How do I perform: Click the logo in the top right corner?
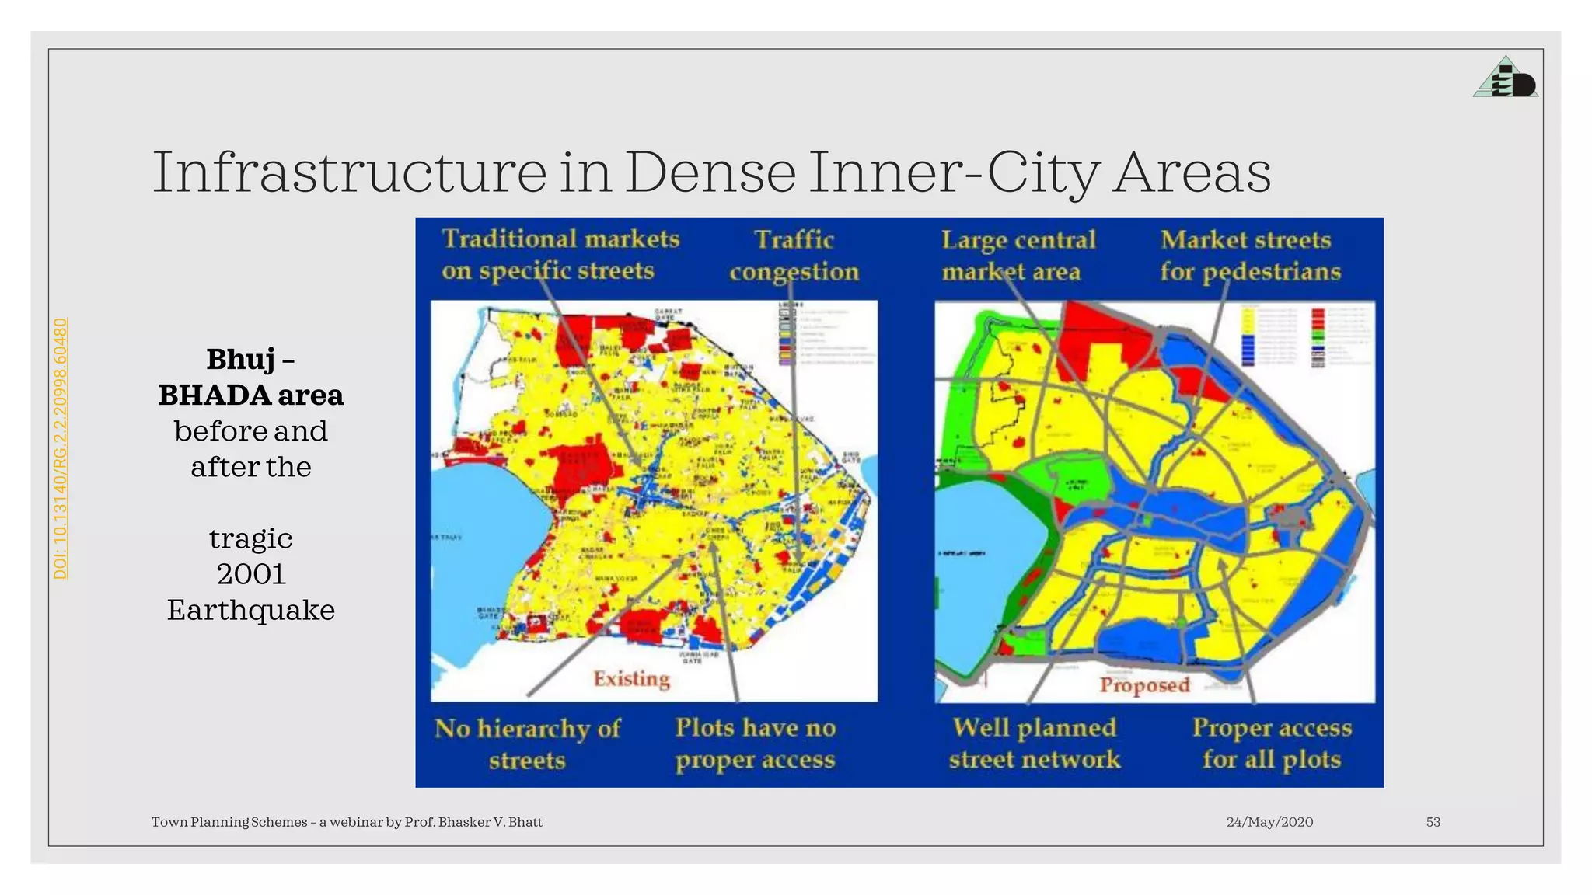point(1506,78)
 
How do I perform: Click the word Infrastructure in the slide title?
point(350,172)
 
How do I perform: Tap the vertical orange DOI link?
point(61,448)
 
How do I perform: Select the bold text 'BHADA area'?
point(250,395)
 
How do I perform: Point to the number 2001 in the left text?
point(251,574)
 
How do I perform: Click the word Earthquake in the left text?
point(251,610)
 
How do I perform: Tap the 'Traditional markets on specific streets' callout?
point(560,254)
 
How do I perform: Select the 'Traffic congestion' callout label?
point(794,255)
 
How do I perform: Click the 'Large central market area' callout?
point(1018,255)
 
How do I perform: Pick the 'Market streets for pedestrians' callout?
point(1250,255)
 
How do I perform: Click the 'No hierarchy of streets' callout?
point(527,744)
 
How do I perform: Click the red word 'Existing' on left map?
point(631,679)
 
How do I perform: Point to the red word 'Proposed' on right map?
point(1144,685)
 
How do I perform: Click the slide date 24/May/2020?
point(1269,822)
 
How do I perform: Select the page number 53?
point(1433,822)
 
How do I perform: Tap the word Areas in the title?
point(1192,172)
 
